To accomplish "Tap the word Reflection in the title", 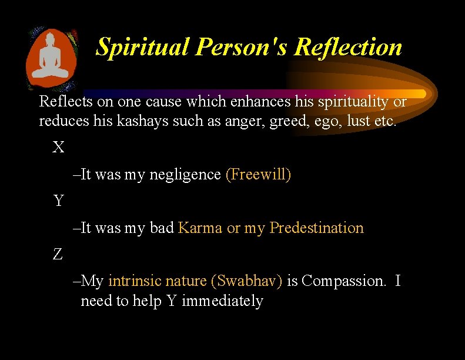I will click(x=348, y=47).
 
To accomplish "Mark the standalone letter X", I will click(x=58, y=147).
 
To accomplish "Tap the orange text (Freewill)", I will click(x=258, y=175).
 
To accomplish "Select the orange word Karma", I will click(x=200, y=228).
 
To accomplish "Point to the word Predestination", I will click(x=316, y=228).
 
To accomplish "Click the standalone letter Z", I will click(x=58, y=254).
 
